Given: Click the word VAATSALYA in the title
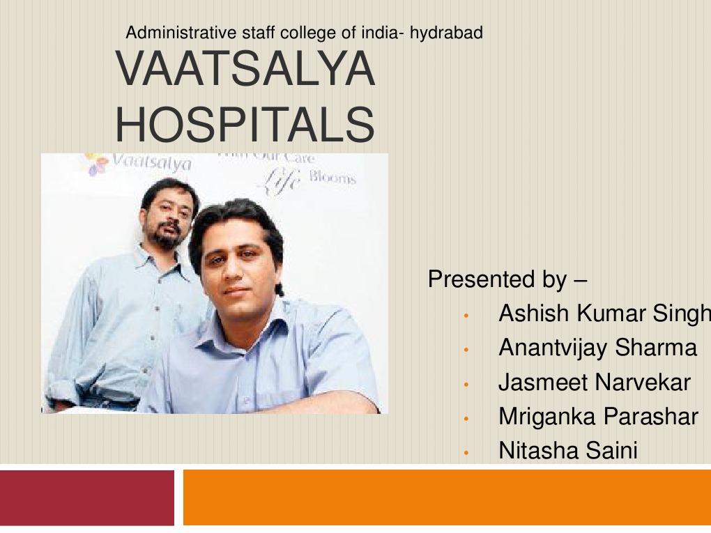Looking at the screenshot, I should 245,70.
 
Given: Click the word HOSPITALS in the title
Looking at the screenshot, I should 245,123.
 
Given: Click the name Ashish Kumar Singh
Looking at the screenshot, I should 604,314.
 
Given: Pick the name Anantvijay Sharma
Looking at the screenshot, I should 597,348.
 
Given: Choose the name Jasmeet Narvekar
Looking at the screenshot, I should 594,383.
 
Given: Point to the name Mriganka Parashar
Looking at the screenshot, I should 597,417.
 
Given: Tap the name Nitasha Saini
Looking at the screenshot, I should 567,451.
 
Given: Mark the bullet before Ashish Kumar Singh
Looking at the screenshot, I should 466,316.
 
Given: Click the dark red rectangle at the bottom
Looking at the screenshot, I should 87,497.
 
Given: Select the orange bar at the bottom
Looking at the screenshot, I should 446,497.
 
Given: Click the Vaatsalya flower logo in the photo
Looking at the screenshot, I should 96,164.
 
